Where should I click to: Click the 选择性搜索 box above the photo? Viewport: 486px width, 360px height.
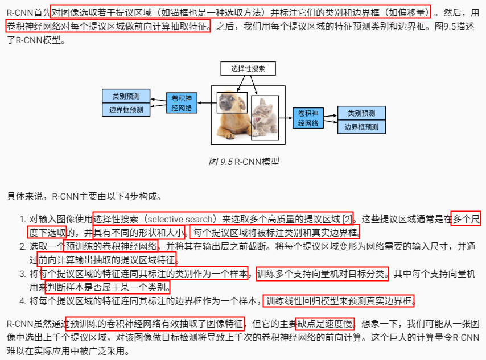248,69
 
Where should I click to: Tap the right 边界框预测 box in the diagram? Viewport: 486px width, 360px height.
361,127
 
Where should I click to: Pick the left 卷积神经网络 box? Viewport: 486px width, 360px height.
182,102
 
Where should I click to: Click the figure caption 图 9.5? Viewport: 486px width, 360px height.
221,162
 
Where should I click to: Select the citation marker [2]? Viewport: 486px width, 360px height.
347,218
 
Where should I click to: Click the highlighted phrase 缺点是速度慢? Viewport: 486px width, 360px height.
325,324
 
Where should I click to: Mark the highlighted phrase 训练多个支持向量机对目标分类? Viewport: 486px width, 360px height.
322,274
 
